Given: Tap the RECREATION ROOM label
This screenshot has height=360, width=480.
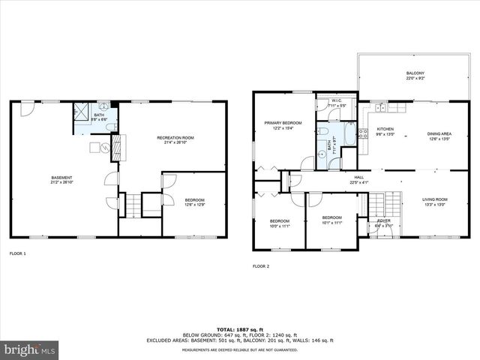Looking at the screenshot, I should (175, 138).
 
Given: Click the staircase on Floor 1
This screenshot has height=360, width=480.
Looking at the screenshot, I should (132, 203).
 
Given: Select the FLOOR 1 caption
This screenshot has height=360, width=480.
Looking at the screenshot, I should (16, 254).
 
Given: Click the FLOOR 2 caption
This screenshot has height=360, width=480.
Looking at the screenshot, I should (260, 265).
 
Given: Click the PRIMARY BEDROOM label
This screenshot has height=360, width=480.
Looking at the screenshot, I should (282, 122).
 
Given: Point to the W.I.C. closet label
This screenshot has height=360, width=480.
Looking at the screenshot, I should (336, 101).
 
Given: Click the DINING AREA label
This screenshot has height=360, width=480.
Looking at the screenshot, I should (439, 133).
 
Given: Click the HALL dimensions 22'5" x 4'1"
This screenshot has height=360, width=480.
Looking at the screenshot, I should (359, 182).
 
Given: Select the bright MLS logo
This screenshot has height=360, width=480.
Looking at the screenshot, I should (29, 350).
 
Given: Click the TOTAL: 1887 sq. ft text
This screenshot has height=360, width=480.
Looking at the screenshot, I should (240, 329).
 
